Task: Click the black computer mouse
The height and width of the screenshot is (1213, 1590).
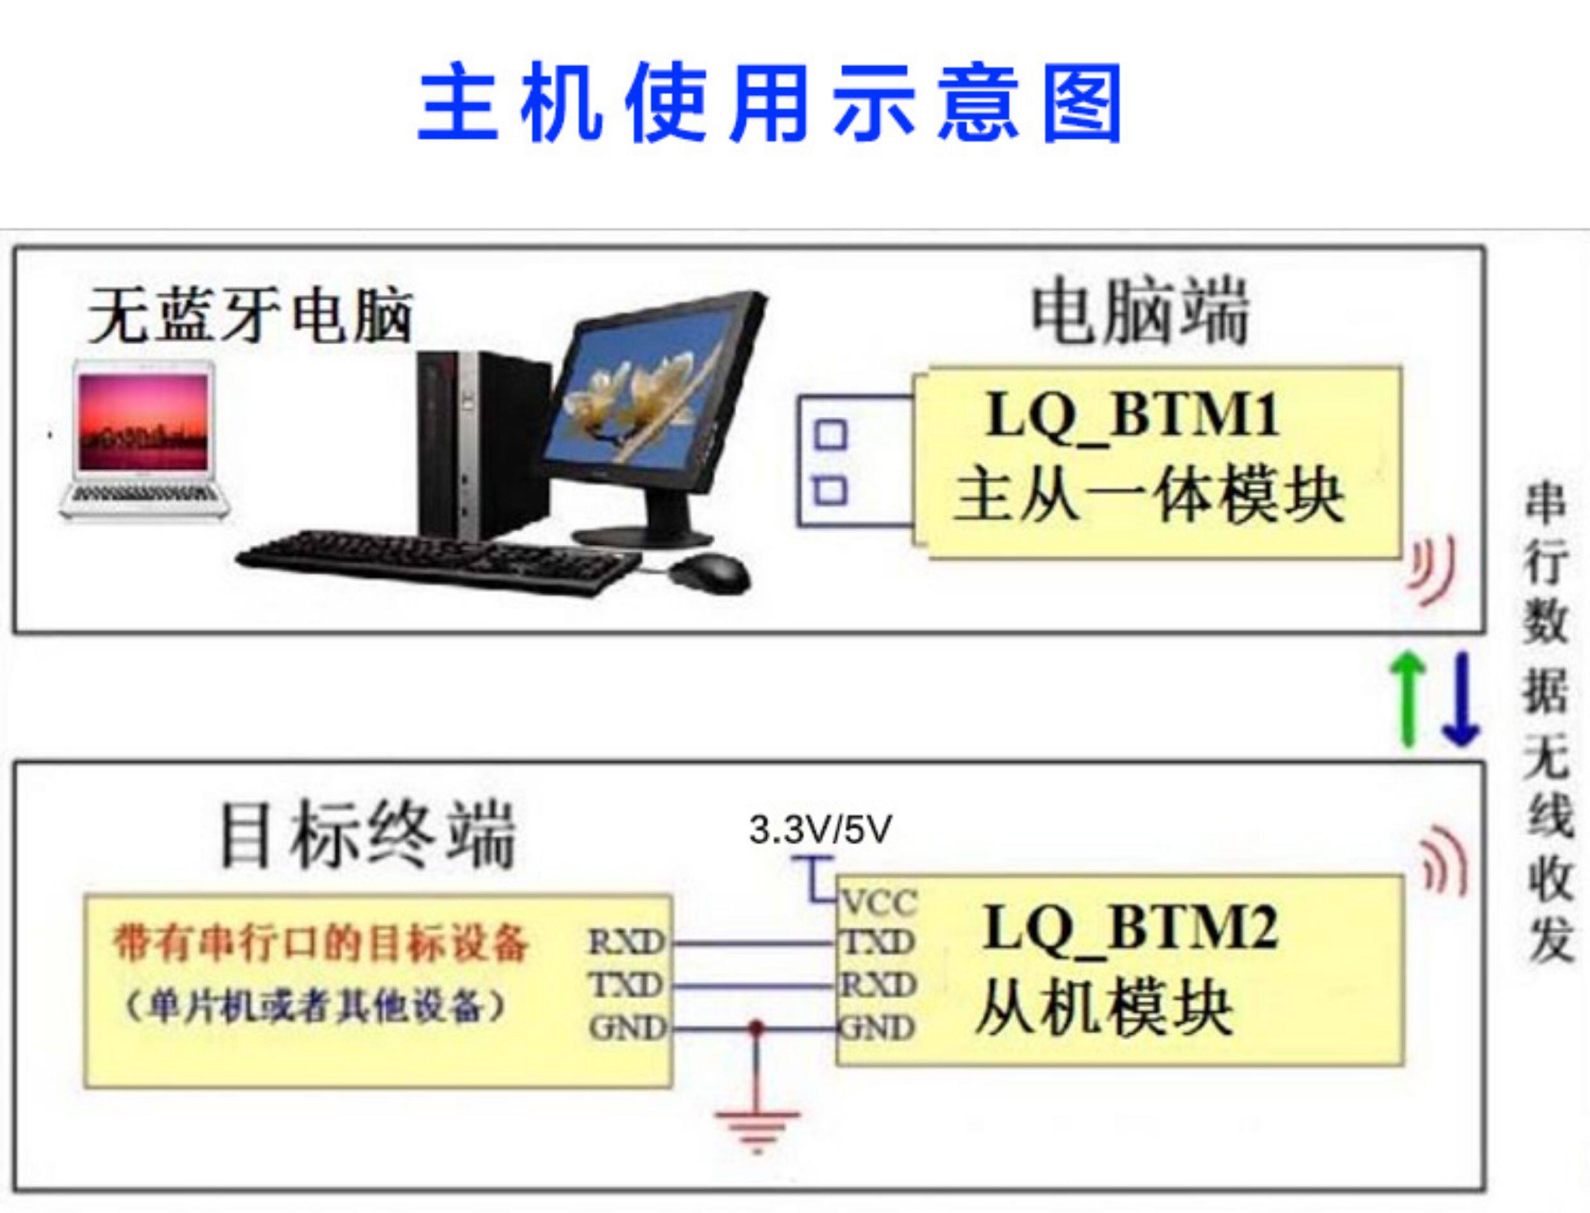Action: [x=709, y=574]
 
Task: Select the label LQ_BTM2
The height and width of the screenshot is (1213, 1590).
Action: [x=1131, y=928]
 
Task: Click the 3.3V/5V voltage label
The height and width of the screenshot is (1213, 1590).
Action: [x=820, y=830]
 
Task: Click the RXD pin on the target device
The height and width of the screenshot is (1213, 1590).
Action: [x=626, y=942]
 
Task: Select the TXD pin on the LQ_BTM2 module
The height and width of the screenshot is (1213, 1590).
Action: [x=878, y=942]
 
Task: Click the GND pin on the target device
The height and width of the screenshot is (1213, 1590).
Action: [x=626, y=1028]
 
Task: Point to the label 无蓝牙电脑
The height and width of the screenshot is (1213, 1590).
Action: [x=250, y=316]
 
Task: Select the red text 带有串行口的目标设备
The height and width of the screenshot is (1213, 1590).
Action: [x=321, y=944]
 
